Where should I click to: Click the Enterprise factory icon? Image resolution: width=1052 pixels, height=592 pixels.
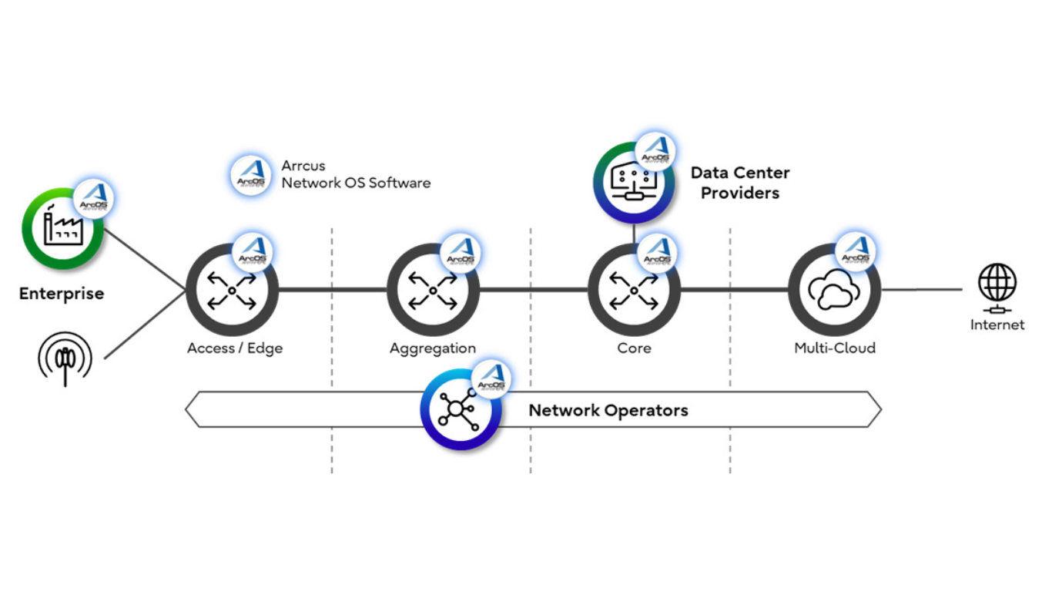coord(62,228)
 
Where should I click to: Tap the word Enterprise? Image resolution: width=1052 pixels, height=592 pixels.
coord(62,294)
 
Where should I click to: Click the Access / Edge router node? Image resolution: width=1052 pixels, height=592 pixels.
coord(232,290)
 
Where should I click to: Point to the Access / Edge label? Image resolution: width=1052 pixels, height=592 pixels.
coord(235,348)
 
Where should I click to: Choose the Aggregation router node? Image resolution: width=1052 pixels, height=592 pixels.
coord(433,290)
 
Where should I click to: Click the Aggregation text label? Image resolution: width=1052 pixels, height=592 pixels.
coord(433,348)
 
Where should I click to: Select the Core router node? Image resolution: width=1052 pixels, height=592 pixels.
coord(634,290)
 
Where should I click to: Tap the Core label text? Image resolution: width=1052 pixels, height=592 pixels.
coord(634,348)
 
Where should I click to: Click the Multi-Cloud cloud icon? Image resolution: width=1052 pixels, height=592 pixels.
coord(834,290)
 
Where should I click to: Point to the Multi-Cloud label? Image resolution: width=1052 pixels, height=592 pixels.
coord(835,348)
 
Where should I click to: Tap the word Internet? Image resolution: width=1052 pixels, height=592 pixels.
coord(997,325)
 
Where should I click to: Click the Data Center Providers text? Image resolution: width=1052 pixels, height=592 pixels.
coord(739,183)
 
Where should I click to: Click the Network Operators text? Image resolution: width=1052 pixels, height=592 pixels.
coord(608,410)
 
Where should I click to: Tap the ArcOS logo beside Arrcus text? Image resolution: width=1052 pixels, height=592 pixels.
coord(251,174)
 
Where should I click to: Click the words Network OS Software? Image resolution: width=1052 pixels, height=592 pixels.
coord(356,183)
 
